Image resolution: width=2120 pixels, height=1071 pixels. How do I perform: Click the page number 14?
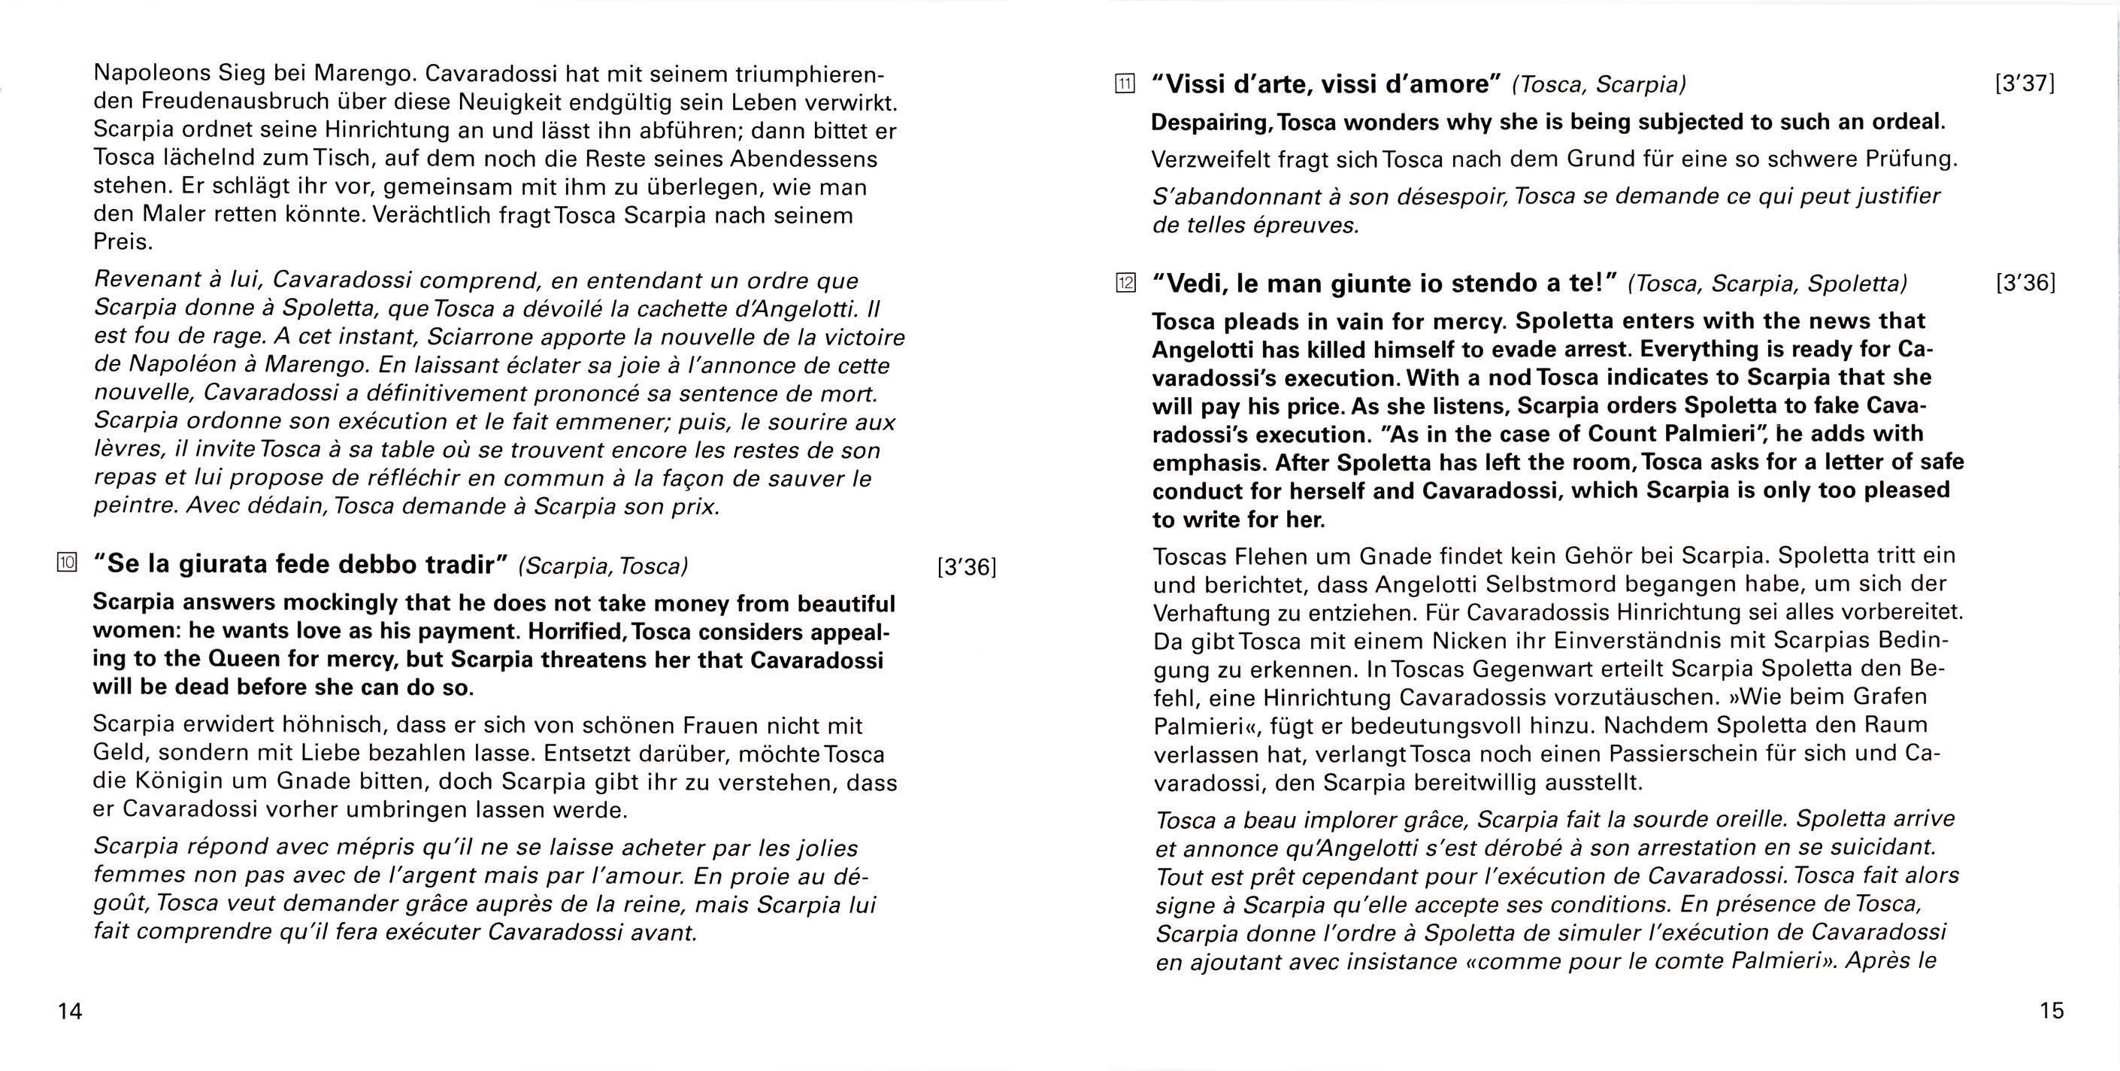[x=70, y=1011]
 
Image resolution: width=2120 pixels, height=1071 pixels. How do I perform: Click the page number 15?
[x=2052, y=1010]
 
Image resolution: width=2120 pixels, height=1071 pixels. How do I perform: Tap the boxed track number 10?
[x=67, y=563]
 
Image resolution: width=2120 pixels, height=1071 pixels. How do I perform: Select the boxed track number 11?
[x=1125, y=83]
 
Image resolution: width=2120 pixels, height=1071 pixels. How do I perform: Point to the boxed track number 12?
[x=1125, y=284]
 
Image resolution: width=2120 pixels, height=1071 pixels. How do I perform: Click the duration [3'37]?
[x=2025, y=83]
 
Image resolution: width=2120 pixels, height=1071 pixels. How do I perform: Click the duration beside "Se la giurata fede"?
[x=966, y=567]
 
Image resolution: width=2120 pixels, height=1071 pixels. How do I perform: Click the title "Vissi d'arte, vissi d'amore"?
[x=1326, y=84]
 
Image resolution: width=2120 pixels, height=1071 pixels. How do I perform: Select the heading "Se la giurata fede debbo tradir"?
[x=301, y=565]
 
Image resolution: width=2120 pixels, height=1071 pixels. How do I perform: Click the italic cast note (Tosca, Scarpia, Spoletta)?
[x=1767, y=284]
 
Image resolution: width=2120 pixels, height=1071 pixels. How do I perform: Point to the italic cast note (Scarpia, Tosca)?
[x=603, y=566]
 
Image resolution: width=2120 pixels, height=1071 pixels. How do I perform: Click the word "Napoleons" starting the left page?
[x=153, y=73]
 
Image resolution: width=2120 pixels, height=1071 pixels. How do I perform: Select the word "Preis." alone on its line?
[x=123, y=242]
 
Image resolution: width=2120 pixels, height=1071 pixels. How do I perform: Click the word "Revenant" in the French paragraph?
[x=147, y=280]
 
